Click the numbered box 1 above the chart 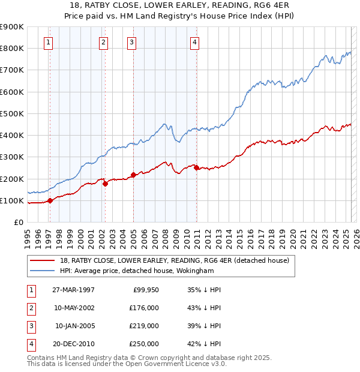[48, 42]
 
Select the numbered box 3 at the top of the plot [131, 42]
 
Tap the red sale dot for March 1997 [50, 201]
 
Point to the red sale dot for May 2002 [105, 184]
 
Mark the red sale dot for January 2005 [133, 175]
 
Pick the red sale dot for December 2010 [196, 168]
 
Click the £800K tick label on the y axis [12, 48]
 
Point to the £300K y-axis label [12, 157]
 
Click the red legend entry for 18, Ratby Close [174, 260]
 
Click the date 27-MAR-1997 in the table [73, 289]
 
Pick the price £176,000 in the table [143, 307]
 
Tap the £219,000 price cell [143, 326]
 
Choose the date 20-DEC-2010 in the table [73, 344]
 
